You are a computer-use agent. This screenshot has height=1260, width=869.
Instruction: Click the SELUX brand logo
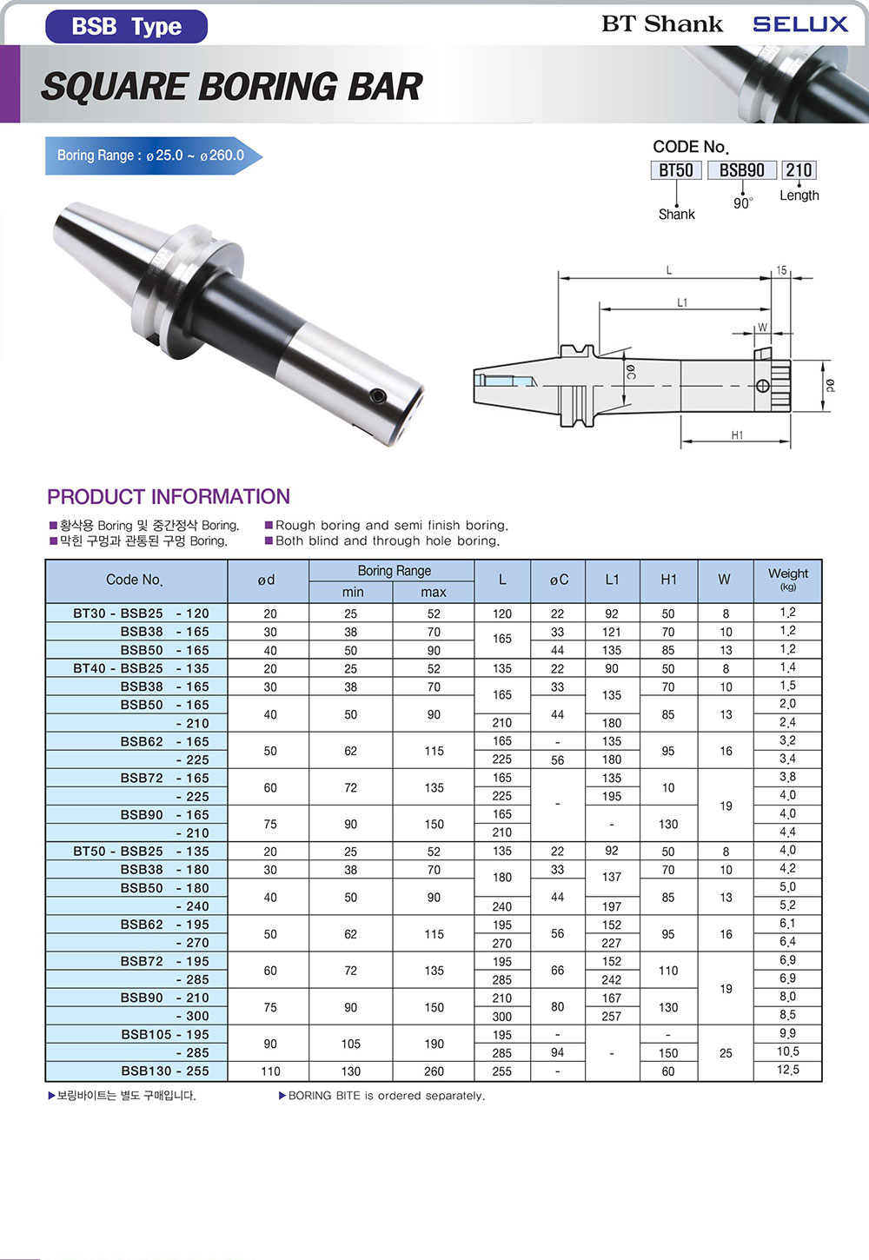(x=800, y=24)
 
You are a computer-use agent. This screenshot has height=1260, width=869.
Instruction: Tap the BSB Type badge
(x=127, y=26)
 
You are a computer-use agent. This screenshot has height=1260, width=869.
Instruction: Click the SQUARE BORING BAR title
(x=231, y=87)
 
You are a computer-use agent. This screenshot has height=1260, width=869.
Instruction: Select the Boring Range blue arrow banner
(x=154, y=156)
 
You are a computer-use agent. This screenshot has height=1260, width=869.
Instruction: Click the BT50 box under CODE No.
(x=676, y=169)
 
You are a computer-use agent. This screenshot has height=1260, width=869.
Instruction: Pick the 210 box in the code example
(x=799, y=169)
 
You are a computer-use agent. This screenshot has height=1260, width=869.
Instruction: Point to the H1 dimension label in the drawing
(x=737, y=434)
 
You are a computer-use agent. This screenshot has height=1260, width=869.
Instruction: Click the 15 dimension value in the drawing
(x=781, y=270)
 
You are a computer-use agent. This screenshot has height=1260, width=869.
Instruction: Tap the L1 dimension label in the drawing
(x=681, y=302)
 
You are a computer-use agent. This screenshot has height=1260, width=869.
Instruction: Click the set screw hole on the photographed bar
(x=380, y=396)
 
